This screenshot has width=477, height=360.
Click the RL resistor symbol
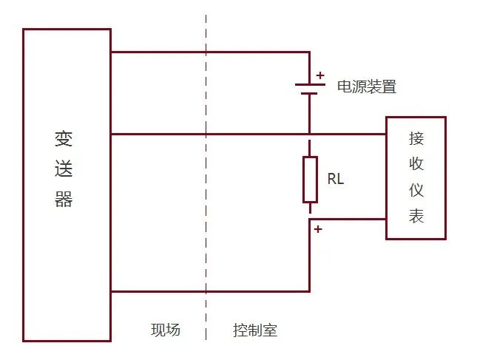pyautogui.click(x=310, y=179)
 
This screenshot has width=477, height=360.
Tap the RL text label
pyautogui.click(x=335, y=179)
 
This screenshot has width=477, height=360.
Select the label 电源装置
pyautogui.click(x=367, y=87)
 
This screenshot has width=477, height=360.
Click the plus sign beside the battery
pyautogui.click(x=320, y=75)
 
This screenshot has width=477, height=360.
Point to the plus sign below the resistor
pyautogui.click(x=318, y=229)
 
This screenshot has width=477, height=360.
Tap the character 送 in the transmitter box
pyautogui.click(x=64, y=170)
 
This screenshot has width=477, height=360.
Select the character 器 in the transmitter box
pyautogui.click(x=64, y=200)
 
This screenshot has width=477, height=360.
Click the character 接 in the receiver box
pyautogui.click(x=416, y=138)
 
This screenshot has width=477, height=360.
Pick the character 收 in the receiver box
pyautogui.click(x=416, y=164)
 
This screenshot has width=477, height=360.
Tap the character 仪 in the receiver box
pyautogui.click(x=416, y=191)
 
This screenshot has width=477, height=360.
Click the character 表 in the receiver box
pyautogui.click(x=416, y=217)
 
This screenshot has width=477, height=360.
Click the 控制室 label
pyautogui.click(x=254, y=330)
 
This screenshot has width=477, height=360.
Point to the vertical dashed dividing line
pyautogui.click(x=206, y=222)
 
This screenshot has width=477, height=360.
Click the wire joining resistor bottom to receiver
pyautogui.click(x=348, y=219)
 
